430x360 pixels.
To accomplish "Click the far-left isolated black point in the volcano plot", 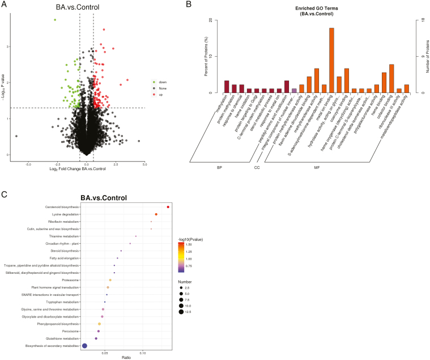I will (x=16, y=136).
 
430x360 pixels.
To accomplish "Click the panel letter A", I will (x=5, y=5).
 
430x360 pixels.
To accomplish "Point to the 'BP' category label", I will (x=219, y=167).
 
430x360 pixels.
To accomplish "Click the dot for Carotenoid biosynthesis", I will (x=168, y=207).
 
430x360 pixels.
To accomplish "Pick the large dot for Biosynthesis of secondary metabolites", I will (x=84, y=345).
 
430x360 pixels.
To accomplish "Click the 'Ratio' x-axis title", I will (x=127, y=357).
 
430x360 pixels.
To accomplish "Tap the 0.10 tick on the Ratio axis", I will (x=143, y=351).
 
